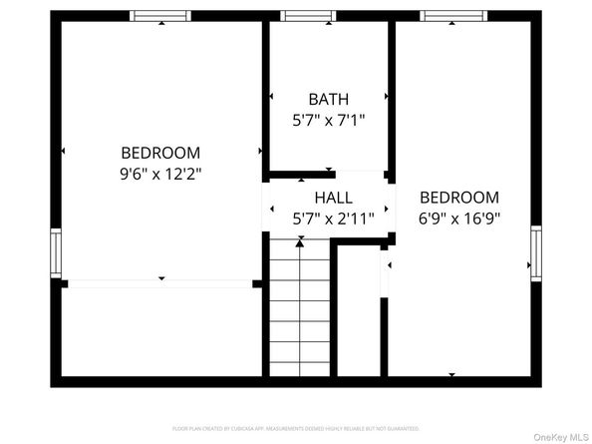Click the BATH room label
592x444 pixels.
[x=328, y=99]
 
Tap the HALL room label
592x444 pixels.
[x=333, y=198]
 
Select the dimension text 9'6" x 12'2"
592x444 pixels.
[x=160, y=173]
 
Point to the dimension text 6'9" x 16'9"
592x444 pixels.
[x=459, y=217]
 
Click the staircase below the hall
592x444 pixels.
[x=299, y=309]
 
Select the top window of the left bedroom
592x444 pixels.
[x=160, y=16]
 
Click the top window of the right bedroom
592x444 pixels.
[x=452, y=16]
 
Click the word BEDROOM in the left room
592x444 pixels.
[x=160, y=153]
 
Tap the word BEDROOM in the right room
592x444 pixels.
[x=459, y=197]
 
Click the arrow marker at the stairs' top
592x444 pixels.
[x=299, y=242]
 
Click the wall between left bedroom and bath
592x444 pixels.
[x=266, y=95]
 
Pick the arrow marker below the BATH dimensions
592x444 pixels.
[x=329, y=170]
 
